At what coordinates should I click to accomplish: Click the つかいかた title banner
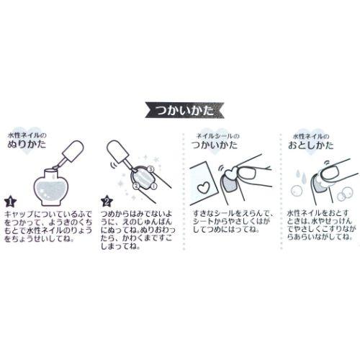tap(184, 110)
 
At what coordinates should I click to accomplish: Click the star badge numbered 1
tap(10, 202)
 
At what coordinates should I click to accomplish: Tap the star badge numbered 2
tap(107, 202)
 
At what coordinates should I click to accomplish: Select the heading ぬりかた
tap(27, 145)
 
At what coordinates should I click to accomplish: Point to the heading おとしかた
tap(310, 145)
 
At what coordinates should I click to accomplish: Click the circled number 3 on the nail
tap(150, 169)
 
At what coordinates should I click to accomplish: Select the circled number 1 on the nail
tap(154, 186)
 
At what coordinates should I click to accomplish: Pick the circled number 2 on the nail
tap(136, 185)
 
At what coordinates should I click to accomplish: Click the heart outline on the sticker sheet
tap(204, 187)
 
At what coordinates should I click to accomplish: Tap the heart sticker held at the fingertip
tap(231, 174)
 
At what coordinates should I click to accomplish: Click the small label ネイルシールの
tap(217, 136)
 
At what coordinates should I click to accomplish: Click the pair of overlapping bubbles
tap(345, 194)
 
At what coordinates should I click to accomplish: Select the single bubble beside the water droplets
tap(297, 191)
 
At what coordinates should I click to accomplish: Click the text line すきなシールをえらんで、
tap(233, 214)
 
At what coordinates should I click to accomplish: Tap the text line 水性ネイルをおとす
tap(318, 213)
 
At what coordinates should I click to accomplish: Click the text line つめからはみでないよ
tap(136, 214)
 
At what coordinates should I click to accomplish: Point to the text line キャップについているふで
tap(48, 214)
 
